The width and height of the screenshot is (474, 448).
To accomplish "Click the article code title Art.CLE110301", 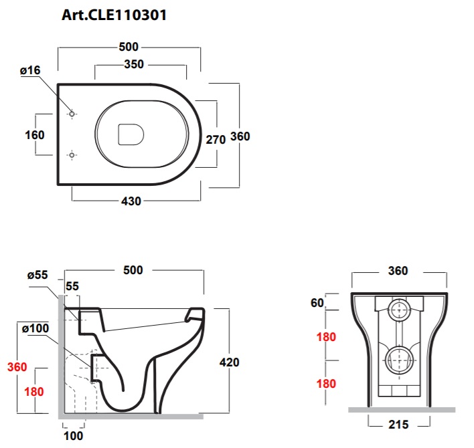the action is pos(114,15).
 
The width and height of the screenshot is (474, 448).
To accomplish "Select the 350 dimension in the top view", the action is pos(134,64).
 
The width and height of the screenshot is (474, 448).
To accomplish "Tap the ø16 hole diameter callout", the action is pos(30,70).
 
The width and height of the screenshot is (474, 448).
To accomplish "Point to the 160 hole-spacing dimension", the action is pos(35,135).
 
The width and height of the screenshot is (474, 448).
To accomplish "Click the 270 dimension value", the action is pos(216,140).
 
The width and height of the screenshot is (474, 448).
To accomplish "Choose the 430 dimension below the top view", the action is pos(131,201).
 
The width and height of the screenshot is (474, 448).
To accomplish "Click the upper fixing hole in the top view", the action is pos(72,114).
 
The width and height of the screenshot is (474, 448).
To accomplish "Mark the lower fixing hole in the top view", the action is pos(72,155).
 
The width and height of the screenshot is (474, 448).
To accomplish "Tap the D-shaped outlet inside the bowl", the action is pos(131,134).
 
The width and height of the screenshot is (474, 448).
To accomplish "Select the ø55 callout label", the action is pos(37,275).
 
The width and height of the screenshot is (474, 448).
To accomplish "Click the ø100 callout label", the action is pos(35,328).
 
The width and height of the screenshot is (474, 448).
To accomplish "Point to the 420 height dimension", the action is pos(230,362).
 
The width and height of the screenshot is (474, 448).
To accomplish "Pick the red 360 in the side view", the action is pos(17,367).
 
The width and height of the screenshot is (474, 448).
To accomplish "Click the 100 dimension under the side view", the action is pos(74,436).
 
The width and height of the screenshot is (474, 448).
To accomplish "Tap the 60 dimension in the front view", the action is pos(317,303).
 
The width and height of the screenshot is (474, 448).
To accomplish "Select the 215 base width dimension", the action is pos(398,425).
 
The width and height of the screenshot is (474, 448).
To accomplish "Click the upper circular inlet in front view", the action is pos(399,310).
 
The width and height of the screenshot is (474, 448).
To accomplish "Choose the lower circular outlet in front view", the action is pos(399,360).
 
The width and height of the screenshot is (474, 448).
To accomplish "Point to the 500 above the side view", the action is pos(133,270).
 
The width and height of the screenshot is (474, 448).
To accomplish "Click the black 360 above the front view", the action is pos(398,271).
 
